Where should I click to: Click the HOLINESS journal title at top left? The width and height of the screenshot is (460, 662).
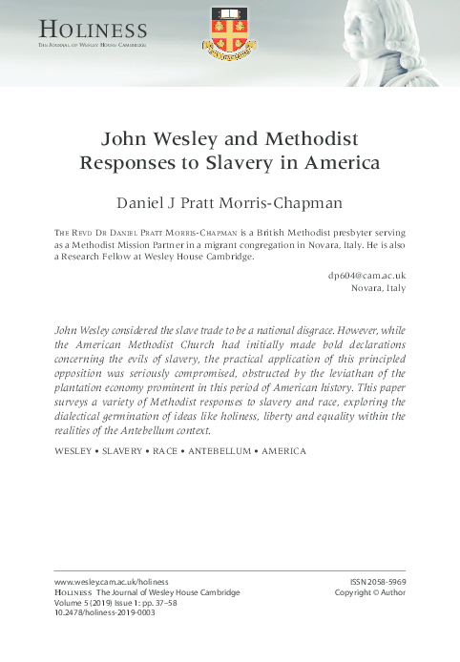pos(93,32)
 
